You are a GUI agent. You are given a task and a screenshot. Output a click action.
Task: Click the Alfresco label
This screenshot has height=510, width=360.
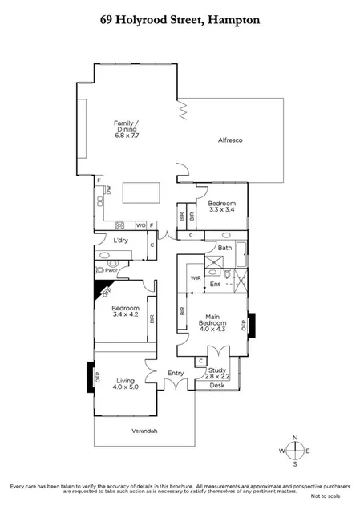[x=231, y=140]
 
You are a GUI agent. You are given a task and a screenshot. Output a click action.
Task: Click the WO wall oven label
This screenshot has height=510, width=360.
[x=141, y=225]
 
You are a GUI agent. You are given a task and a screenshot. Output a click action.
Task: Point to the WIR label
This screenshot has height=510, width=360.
[x=195, y=277]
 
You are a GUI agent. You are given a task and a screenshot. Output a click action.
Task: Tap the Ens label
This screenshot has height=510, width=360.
[x=214, y=284]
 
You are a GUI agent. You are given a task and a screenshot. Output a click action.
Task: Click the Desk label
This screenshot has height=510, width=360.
[x=217, y=385]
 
